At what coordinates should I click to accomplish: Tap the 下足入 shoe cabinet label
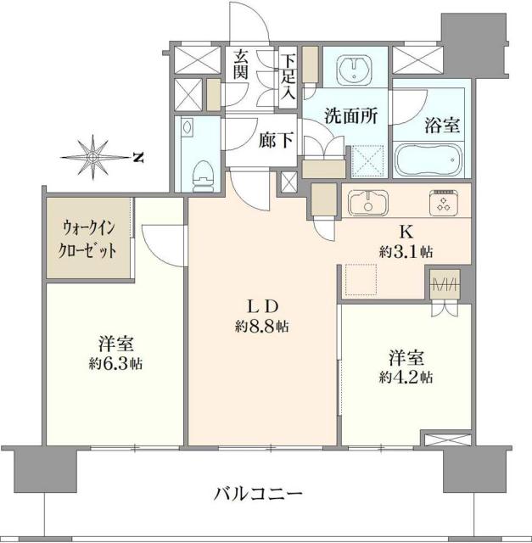tap(289, 76)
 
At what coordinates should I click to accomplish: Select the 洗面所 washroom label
tap(350, 118)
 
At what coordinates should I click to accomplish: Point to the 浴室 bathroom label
tap(441, 126)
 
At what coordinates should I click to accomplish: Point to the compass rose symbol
tap(93, 155)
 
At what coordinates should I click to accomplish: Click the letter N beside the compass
tap(138, 156)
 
